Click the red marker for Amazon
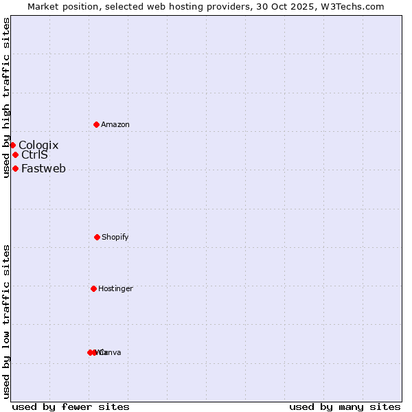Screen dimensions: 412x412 [x=96, y=124]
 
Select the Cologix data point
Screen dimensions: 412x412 [x=12, y=145]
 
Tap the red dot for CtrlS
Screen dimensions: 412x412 [x=15, y=154]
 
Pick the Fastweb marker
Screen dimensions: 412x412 [x=15, y=168]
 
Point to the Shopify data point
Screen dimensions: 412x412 [x=97, y=237]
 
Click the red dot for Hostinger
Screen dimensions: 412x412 [x=93, y=288]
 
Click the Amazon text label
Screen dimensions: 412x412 [x=115, y=124]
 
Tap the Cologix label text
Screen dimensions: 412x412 [x=38, y=145]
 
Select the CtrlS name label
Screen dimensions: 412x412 [x=34, y=154]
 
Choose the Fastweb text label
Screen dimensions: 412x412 [x=43, y=168]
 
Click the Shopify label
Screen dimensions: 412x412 [x=115, y=237]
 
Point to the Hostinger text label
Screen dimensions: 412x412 [x=115, y=288]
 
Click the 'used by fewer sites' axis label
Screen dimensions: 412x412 [x=71, y=407]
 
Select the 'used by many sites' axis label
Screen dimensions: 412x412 [x=345, y=407]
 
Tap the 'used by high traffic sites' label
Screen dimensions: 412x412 [x=6, y=98]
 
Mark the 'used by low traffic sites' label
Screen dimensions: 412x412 [x=6, y=321]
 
